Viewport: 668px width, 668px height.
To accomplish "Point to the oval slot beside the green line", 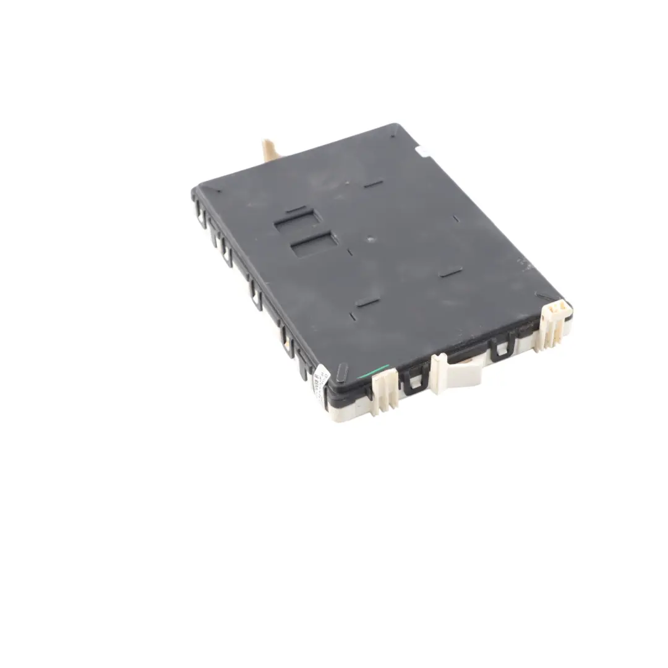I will coord(342,372).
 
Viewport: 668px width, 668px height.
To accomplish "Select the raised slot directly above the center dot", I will coord(373,184).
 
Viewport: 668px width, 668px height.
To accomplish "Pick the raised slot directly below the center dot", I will coord(367,302).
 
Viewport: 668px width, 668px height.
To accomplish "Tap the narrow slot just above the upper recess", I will coord(296,209).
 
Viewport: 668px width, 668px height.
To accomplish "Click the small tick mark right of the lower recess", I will coord(350,252).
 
